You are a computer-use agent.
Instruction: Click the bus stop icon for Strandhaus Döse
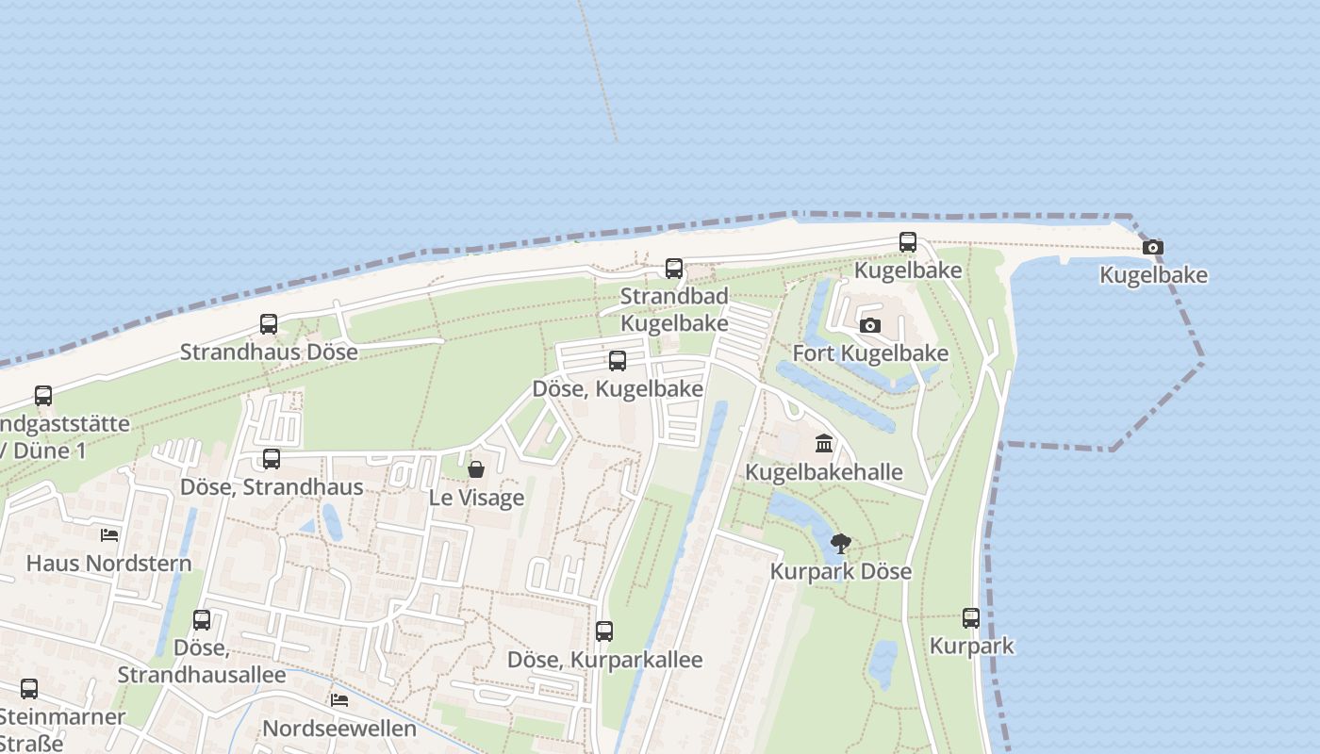click(x=269, y=324)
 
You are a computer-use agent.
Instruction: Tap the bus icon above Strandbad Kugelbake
click(x=674, y=269)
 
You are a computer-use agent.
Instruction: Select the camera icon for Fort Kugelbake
click(x=870, y=326)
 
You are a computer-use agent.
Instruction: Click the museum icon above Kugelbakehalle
click(x=824, y=444)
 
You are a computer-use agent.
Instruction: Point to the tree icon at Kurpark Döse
click(x=841, y=544)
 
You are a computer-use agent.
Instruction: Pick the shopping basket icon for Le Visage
click(x=476, y=469)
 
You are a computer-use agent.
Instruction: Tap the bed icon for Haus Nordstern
click(x=109, y=535)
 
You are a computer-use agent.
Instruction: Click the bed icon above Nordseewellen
click(x=339, y=700)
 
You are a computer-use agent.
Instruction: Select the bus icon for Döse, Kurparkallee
click(x=604, y=631)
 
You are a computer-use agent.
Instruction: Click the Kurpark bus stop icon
click(x=971, y=618)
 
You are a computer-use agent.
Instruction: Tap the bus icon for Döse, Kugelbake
click(x=618, y=361)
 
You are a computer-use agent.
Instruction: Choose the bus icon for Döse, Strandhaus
click(x=272, y=459)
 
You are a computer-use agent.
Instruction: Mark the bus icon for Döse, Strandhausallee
click(x=202, y=620)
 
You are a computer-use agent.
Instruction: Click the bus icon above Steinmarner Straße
click(x=29, y=689)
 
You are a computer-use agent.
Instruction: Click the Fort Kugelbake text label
click(x=870, y=353)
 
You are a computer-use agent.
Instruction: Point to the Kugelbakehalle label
click(x=824, y=471)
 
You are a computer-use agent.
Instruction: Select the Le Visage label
click(x=476, y=497)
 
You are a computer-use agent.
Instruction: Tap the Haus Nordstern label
click(x=109, y=563)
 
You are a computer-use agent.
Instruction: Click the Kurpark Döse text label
click(x=841, y=571)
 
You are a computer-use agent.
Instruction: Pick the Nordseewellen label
click(x=339, y=729)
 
